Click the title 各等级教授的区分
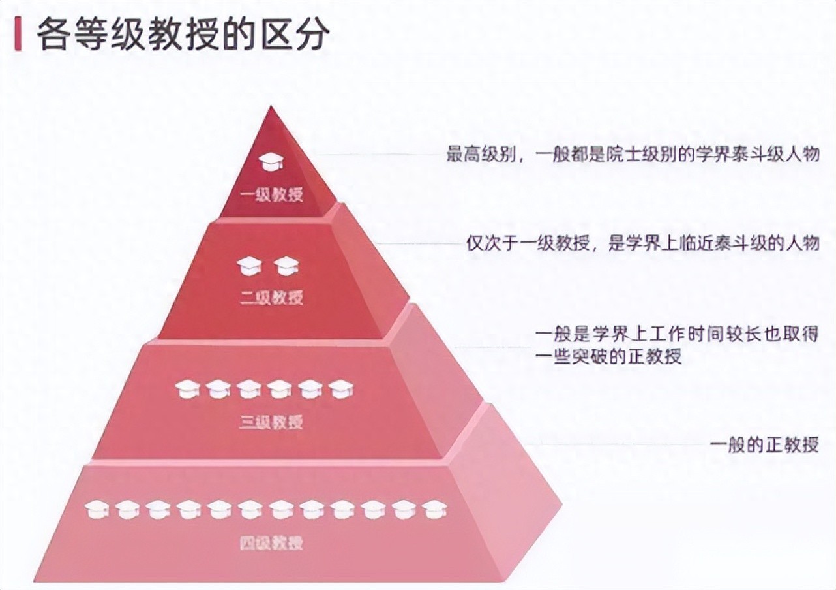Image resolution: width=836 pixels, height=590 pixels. [182, 35]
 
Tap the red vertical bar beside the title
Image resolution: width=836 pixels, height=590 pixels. [18, 35]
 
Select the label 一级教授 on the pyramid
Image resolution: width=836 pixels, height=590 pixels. [271, 194]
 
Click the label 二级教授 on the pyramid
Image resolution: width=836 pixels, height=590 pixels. [271, 298]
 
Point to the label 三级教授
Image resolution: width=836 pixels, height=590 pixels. [271, 422]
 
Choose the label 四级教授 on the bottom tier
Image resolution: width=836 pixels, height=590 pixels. [271, 543]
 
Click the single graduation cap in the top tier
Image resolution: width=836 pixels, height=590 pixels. [270, 161]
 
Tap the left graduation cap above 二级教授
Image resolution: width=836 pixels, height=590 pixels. [248, 266]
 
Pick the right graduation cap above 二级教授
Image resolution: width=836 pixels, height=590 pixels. [286, 266]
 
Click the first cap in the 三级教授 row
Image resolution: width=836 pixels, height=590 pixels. [187, 389]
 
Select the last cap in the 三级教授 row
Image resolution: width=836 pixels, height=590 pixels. [341, 389]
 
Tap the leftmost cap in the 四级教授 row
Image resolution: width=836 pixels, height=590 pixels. [97, 509]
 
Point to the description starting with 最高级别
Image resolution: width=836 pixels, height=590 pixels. [632, 155]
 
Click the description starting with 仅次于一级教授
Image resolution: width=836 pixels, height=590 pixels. [642, 243]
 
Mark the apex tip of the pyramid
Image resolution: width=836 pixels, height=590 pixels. [270, 108]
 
